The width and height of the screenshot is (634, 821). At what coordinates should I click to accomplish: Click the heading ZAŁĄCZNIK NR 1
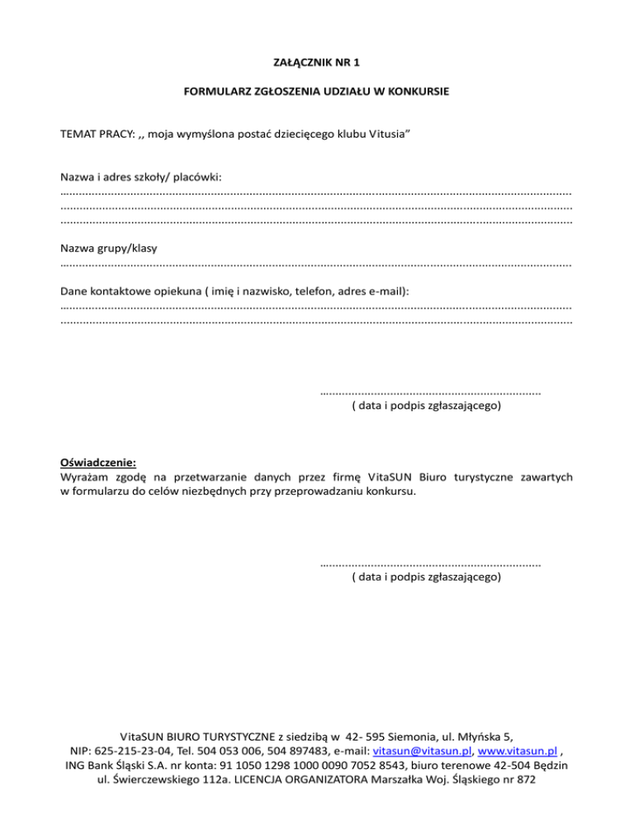pos(316,62)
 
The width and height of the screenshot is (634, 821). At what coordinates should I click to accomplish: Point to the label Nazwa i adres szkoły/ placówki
pos(140,177)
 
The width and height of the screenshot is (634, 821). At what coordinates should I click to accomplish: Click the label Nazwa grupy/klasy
pos(109,248)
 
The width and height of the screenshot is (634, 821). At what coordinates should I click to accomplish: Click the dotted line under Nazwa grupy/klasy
pos(316,265)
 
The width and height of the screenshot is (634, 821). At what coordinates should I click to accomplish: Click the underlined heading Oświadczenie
pos(98,463)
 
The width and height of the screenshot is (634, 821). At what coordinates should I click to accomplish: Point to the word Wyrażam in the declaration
pos(84,477)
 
